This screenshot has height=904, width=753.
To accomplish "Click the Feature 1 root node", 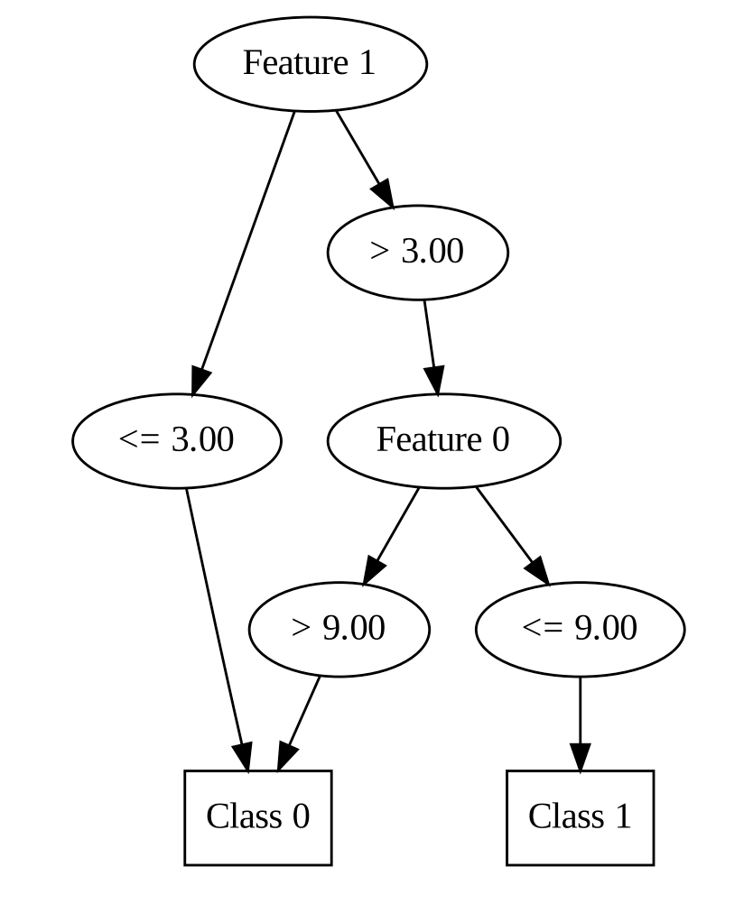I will tap(310, 64).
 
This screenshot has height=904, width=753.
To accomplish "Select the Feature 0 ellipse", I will tap(443, 440).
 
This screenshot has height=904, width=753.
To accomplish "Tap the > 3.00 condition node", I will tap(417, 252).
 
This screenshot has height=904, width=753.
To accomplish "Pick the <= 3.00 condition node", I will tap(177, 440).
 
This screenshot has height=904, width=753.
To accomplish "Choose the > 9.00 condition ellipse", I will tap(339, 629).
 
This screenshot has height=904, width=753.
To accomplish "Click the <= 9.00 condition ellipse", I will tap(580, 629).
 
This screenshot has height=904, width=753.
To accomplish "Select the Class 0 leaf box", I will tap(258, 817).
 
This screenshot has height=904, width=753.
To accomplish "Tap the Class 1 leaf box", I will tap(580, 817).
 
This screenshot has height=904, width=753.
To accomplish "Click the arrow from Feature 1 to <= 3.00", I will tap(245, 253).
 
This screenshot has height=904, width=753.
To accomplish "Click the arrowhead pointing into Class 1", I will tap(580, 757).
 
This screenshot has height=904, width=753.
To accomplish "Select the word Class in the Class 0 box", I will tap(237, 817).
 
